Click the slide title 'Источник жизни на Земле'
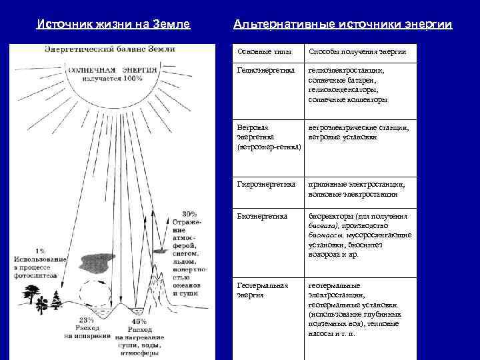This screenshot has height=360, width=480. (x=113, y=24)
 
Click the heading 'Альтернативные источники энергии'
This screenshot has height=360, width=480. (x=343, y=24)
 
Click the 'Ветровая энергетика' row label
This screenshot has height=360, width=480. (x=267, y=137)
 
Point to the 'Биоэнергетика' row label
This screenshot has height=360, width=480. (x=262, y=216)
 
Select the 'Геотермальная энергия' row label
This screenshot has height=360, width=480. (x=263, y=289)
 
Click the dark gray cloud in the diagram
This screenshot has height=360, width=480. (x=97, y=261)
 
